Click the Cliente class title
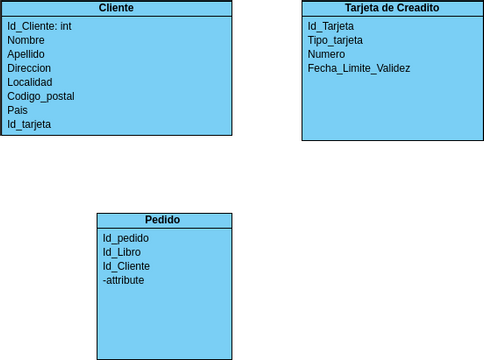coord(116,8)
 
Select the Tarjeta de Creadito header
coord(384,8)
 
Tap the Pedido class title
coord(163,220)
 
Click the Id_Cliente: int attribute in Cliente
coord(39,26)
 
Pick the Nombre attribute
coord(26,40)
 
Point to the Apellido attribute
coord(26,54)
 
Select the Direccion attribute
coord(29,68)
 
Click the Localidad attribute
coord(30,82)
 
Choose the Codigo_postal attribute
coord(40,96)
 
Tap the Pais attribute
coord(18,110)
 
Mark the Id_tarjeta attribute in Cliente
coord(29,124)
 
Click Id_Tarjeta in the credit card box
coord(331,26)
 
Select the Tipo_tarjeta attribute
coord(335,40)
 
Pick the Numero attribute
coord(326,54)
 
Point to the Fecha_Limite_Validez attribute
coord(359,68)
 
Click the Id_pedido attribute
coord(125,238)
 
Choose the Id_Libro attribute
coord(121,252)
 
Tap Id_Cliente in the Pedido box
coord(126,266)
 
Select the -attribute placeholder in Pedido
coord(123,280)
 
